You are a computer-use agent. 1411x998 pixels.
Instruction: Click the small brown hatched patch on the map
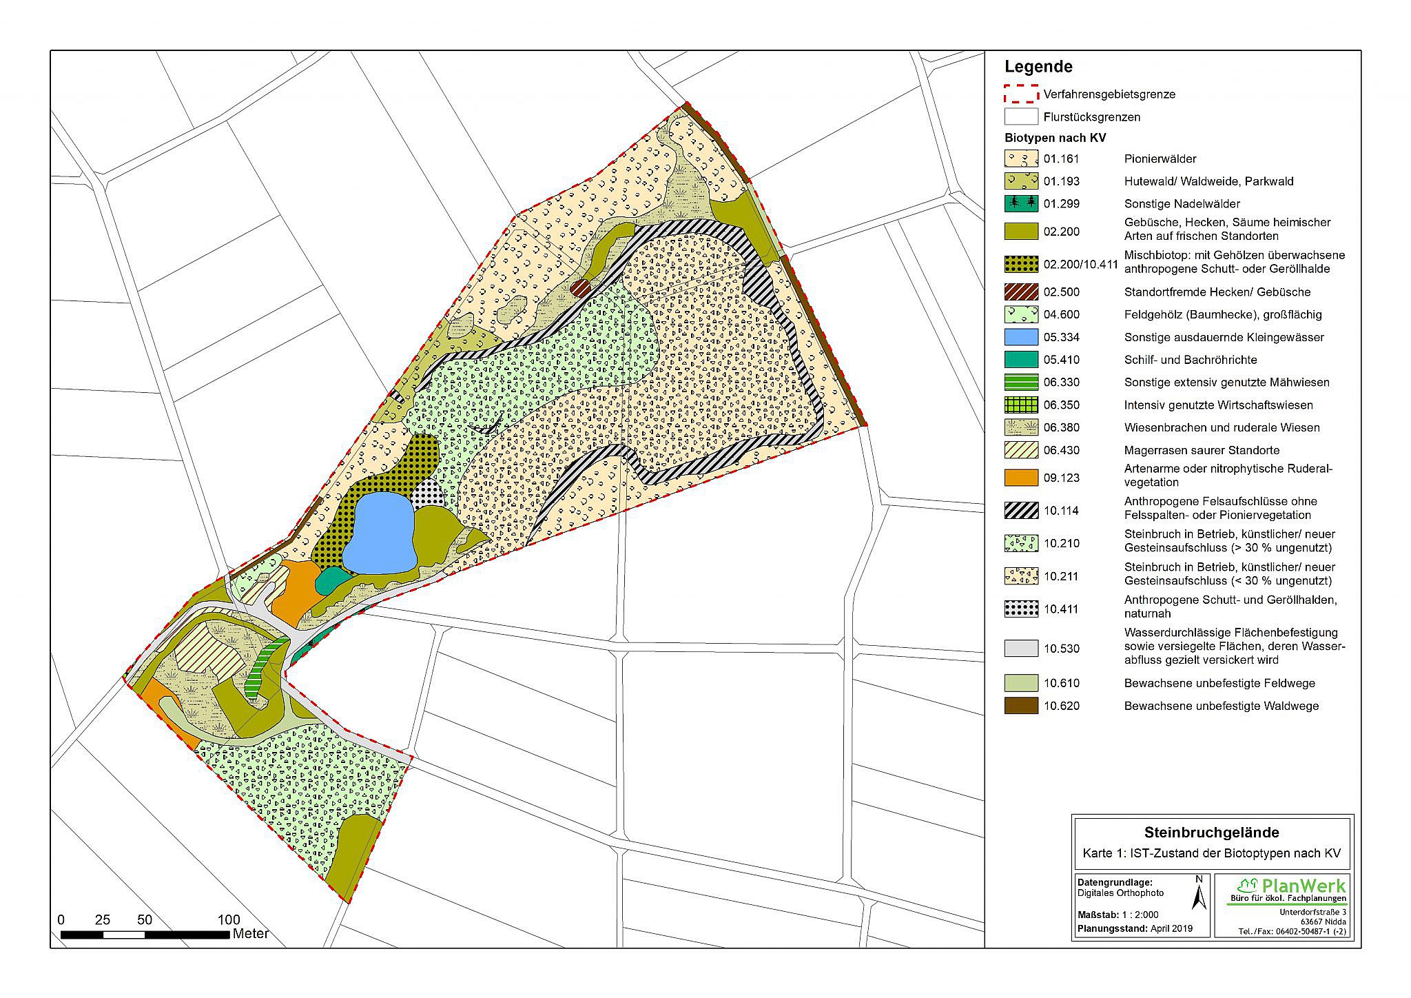(x=581, y=287)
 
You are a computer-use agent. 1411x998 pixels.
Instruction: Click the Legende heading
(x=1038, y=67)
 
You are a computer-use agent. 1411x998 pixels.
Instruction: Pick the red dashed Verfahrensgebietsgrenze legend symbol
(x=1021, y=94)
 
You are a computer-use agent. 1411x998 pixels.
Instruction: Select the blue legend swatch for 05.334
(x=1021, y=337)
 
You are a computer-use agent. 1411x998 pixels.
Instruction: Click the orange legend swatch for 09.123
(x=1021, y=478)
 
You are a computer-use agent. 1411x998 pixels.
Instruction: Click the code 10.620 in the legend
(x=1061, y=706)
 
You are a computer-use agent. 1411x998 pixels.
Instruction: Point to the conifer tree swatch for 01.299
(x=1021, y=203)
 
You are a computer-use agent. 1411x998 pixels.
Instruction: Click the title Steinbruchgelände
(x=1211, y=832)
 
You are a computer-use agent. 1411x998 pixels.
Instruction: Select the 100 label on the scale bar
(x=229, y=919)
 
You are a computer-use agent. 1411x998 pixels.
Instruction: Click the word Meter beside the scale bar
(x=251, y=935)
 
